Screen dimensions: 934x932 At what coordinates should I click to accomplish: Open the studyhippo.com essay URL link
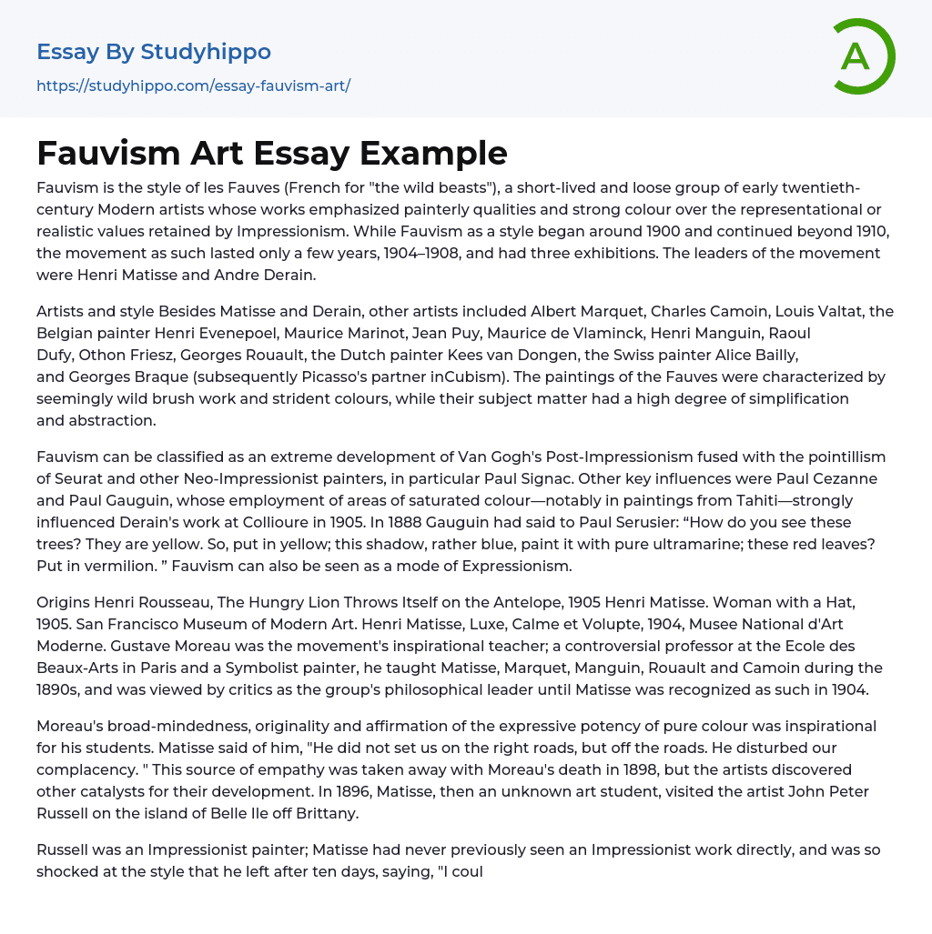click(193, 85)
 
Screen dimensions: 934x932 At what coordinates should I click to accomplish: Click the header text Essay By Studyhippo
click(154, 52)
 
